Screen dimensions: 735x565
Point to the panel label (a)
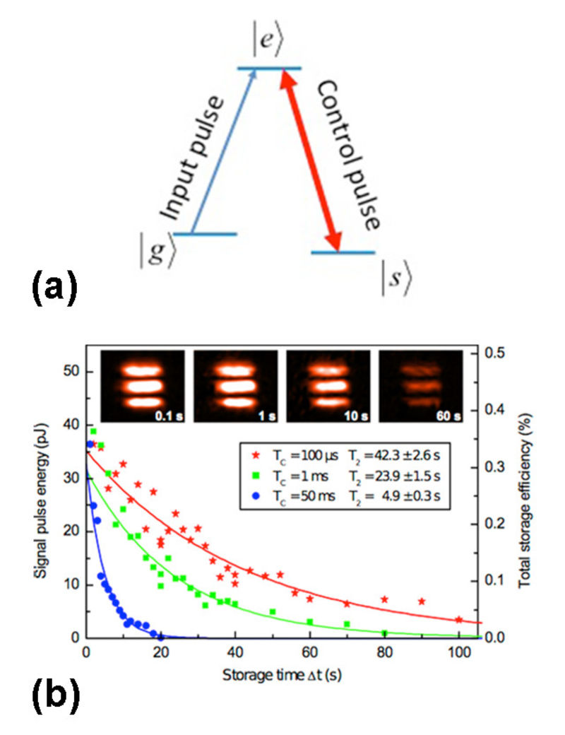53,289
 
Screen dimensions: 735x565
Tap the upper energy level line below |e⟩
269,69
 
